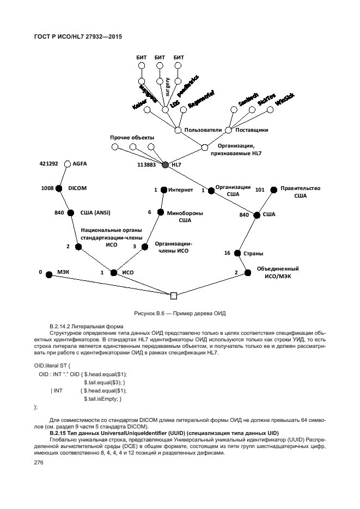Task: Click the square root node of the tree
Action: coord(174,296)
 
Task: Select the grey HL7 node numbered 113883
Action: coord(166,164)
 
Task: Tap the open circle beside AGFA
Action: coord(68,163)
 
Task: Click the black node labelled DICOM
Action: coord(60,188)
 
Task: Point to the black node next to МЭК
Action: coord(48,275)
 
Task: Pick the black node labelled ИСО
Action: coord(114,273)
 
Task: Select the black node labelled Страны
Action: coord(237,253)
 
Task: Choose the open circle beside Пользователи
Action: coord(178,130)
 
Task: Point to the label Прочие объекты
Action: coord(132,137)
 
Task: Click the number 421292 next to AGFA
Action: coord(49,163)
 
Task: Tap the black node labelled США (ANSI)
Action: coord(70,214)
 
